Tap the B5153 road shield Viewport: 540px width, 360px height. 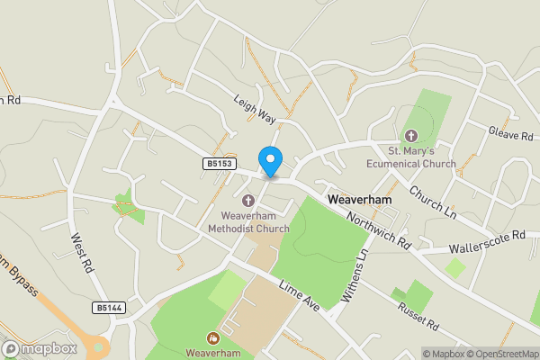218,164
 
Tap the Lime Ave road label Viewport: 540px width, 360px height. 300,296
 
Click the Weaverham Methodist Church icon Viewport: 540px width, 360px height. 248,201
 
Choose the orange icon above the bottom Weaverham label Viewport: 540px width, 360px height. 213,338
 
